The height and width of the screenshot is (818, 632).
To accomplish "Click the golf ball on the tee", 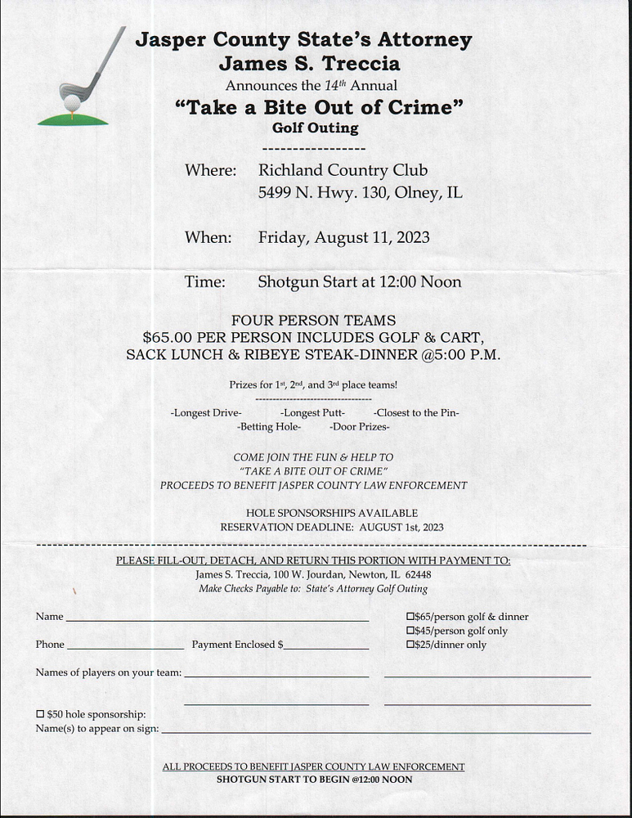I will (72, 102).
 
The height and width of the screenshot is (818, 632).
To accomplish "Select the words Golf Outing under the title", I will (315, 128).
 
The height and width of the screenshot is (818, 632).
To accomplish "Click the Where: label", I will (210, 170).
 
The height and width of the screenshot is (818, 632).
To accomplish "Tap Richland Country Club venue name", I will (343, 170).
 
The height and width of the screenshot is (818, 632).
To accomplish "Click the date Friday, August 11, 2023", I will (343, 237).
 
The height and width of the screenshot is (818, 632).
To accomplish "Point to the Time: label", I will (204, 281).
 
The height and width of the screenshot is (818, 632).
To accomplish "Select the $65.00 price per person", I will (170, 336).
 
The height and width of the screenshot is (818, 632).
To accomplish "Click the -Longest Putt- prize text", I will (312, 412).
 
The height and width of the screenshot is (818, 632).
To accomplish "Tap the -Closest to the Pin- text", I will (416, 412).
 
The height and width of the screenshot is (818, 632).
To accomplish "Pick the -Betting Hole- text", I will (269, 426).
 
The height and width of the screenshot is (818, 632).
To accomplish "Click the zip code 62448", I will (418, 574).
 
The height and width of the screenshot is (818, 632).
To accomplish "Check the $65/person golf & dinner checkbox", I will (410, 616).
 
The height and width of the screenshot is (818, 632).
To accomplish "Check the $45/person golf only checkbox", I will (410, 631).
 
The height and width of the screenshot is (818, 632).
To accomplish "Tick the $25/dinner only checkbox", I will (410, 645).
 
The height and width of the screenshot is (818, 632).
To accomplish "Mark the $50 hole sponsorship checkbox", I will (40, 714).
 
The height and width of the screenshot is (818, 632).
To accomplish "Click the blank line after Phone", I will (125, 646).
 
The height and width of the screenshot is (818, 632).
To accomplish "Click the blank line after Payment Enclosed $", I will (326, 646).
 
